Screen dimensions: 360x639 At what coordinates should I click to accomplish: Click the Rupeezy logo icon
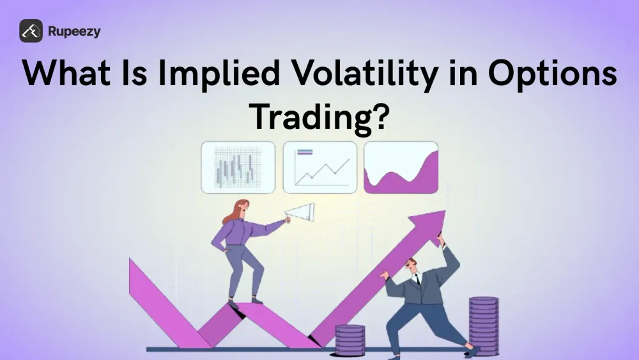click(x=31, y=31)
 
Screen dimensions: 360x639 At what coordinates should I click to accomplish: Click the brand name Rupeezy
click(x=73, y=31)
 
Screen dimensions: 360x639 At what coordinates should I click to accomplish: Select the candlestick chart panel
click(x=238, y=168)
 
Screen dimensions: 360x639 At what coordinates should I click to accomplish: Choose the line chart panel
click(x=319, y=168)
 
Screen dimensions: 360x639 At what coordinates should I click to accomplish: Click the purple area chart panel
click(x=401, y=168)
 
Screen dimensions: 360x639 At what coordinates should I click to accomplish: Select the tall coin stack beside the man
click(x=483, y=323)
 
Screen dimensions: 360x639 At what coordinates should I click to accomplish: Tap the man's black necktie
click(x=417, y=280)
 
